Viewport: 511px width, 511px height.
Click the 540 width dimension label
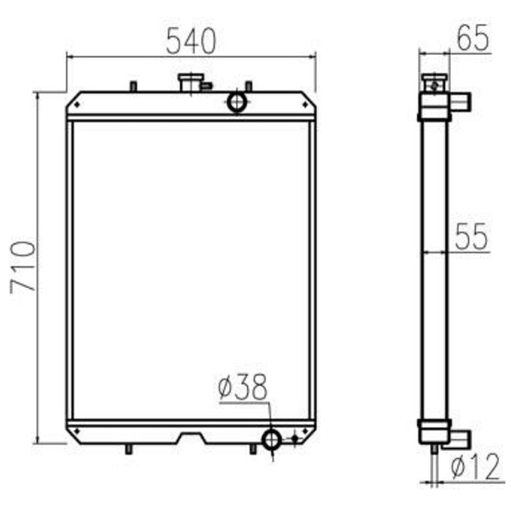pyautogui.click(x=191, y=41)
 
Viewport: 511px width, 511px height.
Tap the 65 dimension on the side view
pyautogui.click(x=473, y=38)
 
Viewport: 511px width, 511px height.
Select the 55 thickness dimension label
pyautogui.click(x=471, y=237)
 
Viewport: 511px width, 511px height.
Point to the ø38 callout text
pyautogui.click(x=243, y=387)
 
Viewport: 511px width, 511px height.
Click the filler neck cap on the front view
pyautogui.click(x=191, y=83)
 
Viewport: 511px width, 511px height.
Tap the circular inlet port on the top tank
pyautogui.click(x=237, y=102)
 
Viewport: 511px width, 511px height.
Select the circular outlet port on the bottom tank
pyautogui.click(x=272, y=440)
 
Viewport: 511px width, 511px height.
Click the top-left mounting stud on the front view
pyautogui.click(x=133, y=87)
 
